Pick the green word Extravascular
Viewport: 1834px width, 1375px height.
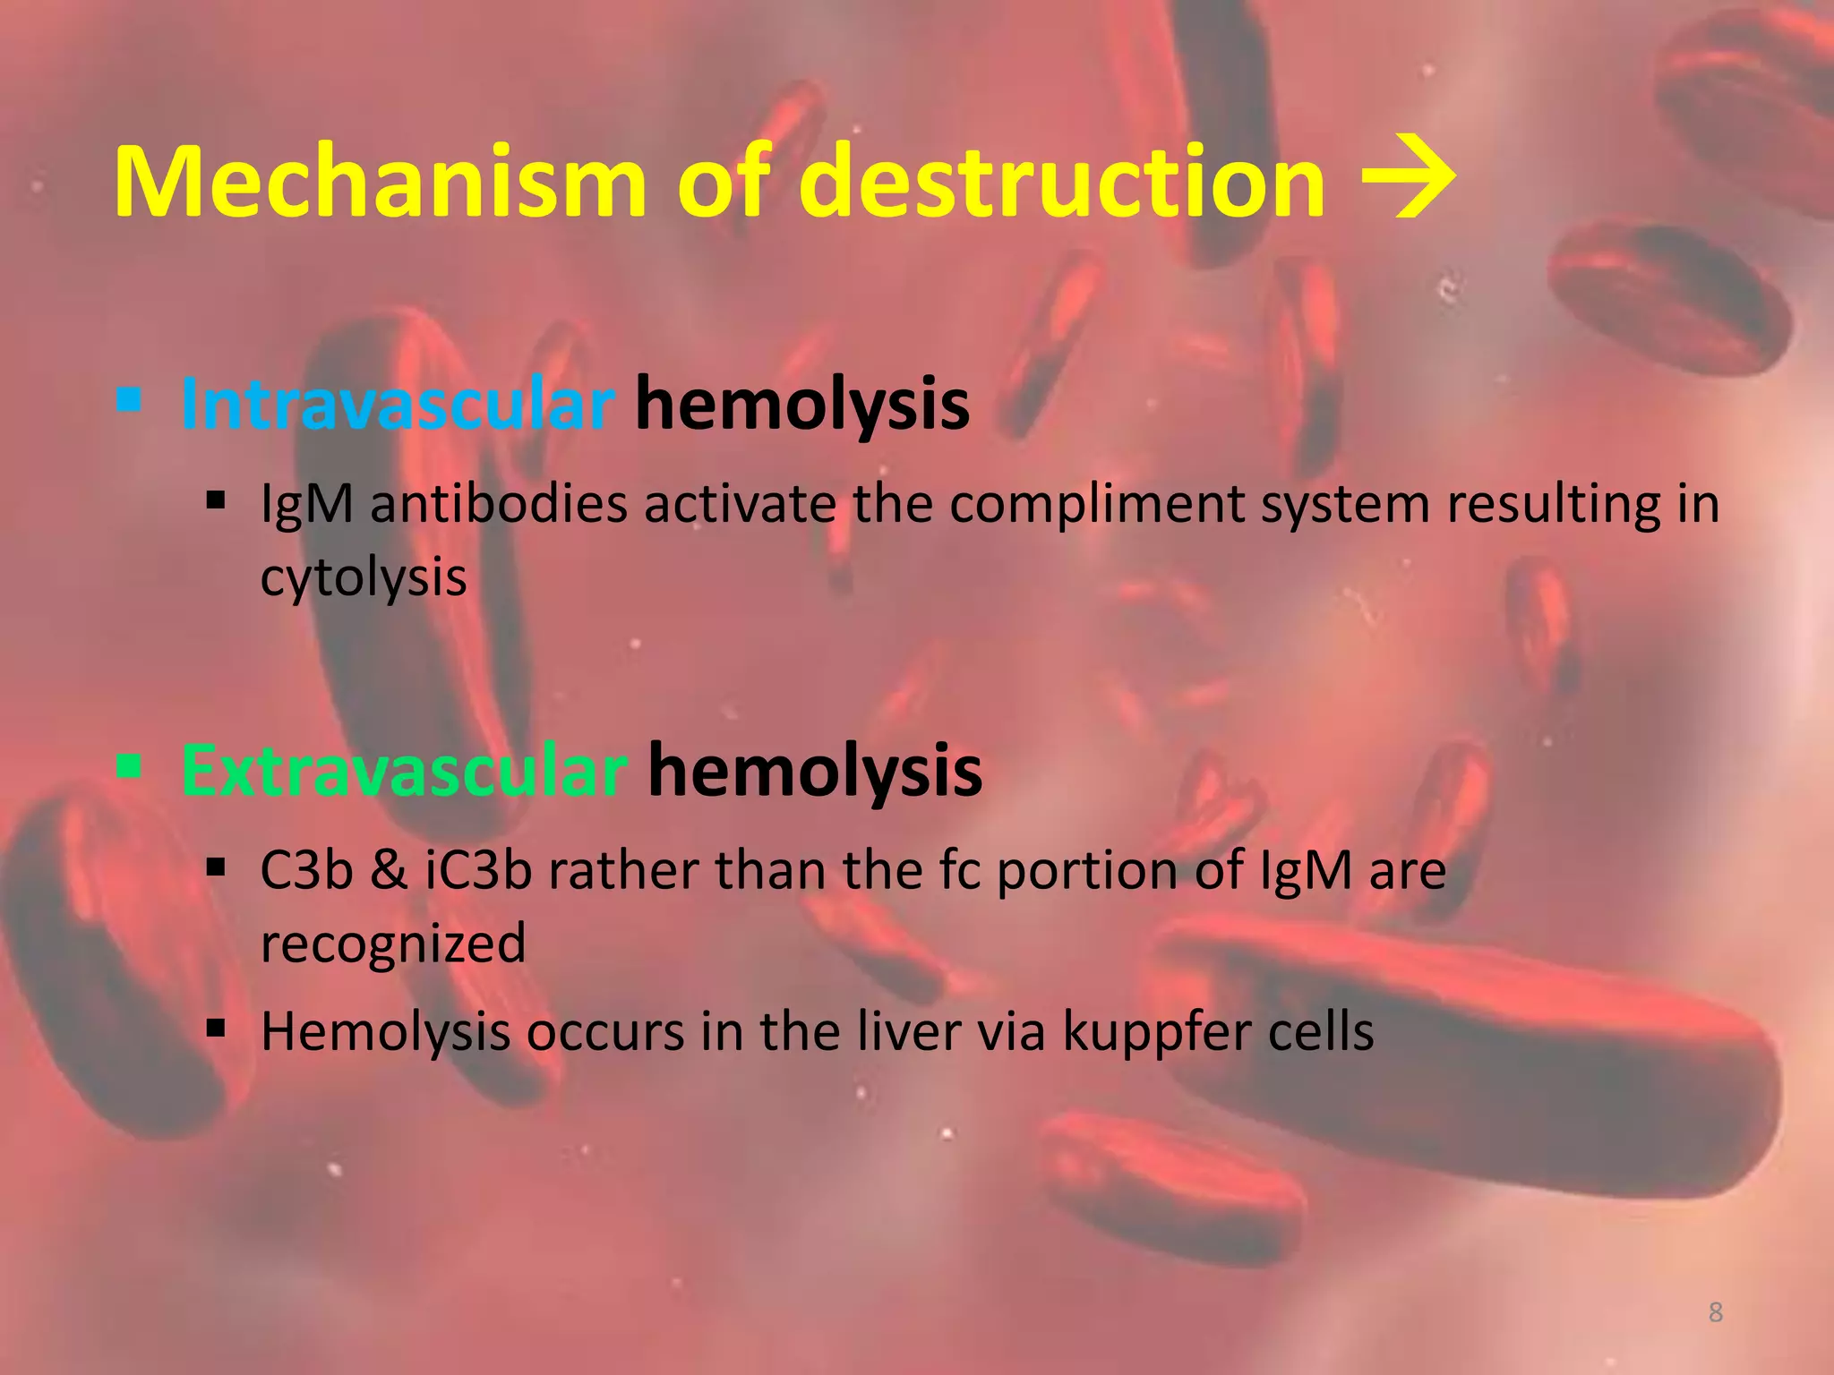click(x=404, y=771)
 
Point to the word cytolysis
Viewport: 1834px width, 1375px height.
click(x=364, y=577)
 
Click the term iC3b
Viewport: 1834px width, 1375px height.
click(x=477, y=870)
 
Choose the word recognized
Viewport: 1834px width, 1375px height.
click(x=393, y=944)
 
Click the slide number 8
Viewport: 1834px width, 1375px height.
click(x=1715, y=1312)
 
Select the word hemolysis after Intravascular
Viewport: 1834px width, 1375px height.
click(x=802, y=405)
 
